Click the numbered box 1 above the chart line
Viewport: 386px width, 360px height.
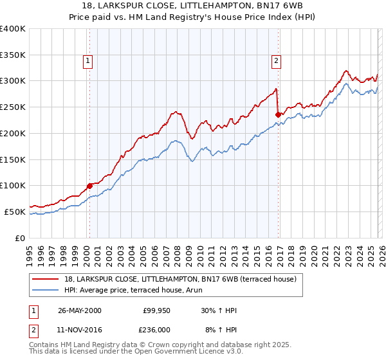(x=87, y=62)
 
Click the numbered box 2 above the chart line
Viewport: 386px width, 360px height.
(x=276, y=62)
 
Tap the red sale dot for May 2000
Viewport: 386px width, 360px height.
(x=89, y=186)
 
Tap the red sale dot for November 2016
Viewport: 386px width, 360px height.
(x=278, y=115)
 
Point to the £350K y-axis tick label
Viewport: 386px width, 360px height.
(x=13, y=55)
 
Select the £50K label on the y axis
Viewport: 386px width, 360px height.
(x=15, y=212)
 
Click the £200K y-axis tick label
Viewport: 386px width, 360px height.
(x=13, y=133)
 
